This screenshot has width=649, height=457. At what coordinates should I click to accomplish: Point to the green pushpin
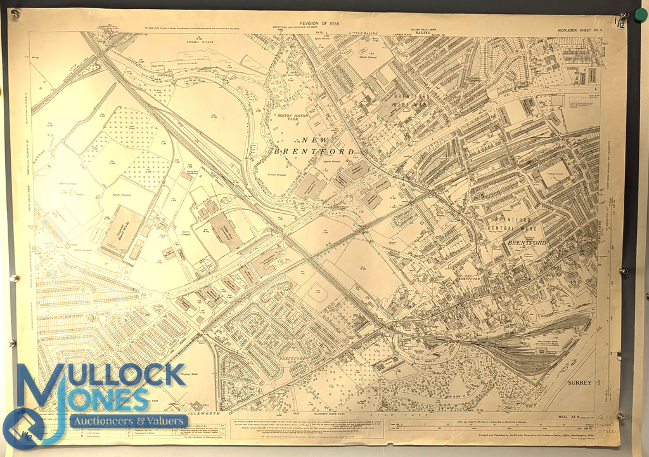(x=641, y=14)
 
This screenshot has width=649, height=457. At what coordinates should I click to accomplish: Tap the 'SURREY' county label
(x=579, y=383)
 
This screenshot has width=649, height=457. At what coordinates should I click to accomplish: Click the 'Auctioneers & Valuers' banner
(x=129, y=421)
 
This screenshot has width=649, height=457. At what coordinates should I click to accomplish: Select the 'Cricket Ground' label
(x=293, y=172)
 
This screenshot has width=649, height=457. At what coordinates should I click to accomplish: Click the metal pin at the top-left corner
(x=16, y=13)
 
